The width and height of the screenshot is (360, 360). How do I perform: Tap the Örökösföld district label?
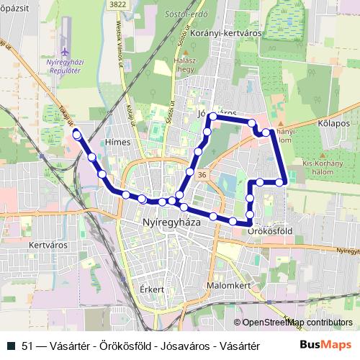(269, 232)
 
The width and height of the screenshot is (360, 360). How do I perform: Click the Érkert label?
(153, 289)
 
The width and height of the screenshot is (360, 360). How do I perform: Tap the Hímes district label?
(117, 142)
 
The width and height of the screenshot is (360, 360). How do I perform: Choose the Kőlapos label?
(333, 124)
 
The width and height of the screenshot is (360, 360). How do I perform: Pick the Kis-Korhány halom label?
(325, 167)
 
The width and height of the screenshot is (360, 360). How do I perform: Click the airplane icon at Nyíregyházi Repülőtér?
(66, 52)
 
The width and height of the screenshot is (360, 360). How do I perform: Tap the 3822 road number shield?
(120, 4)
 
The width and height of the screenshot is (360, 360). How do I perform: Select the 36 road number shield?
(202, 175)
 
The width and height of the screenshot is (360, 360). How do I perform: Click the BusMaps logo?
(325, 344)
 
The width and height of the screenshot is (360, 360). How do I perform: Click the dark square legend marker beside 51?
(9, 344)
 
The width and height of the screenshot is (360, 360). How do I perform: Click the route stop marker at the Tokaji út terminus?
(76, 134)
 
